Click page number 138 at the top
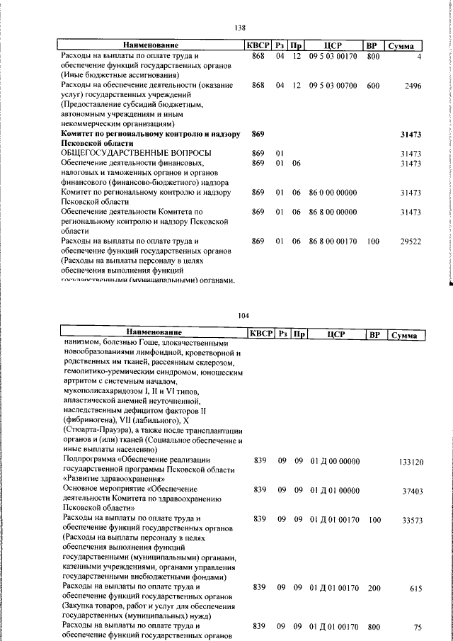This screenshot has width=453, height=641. click(239, 28)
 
